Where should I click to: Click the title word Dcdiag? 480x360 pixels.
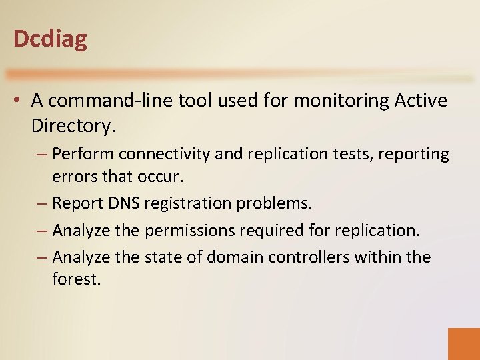point(50,39)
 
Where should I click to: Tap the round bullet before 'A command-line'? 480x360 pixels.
point(19,101)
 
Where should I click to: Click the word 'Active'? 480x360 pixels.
point(421,101)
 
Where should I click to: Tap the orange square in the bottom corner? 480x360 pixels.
point(463,343)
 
